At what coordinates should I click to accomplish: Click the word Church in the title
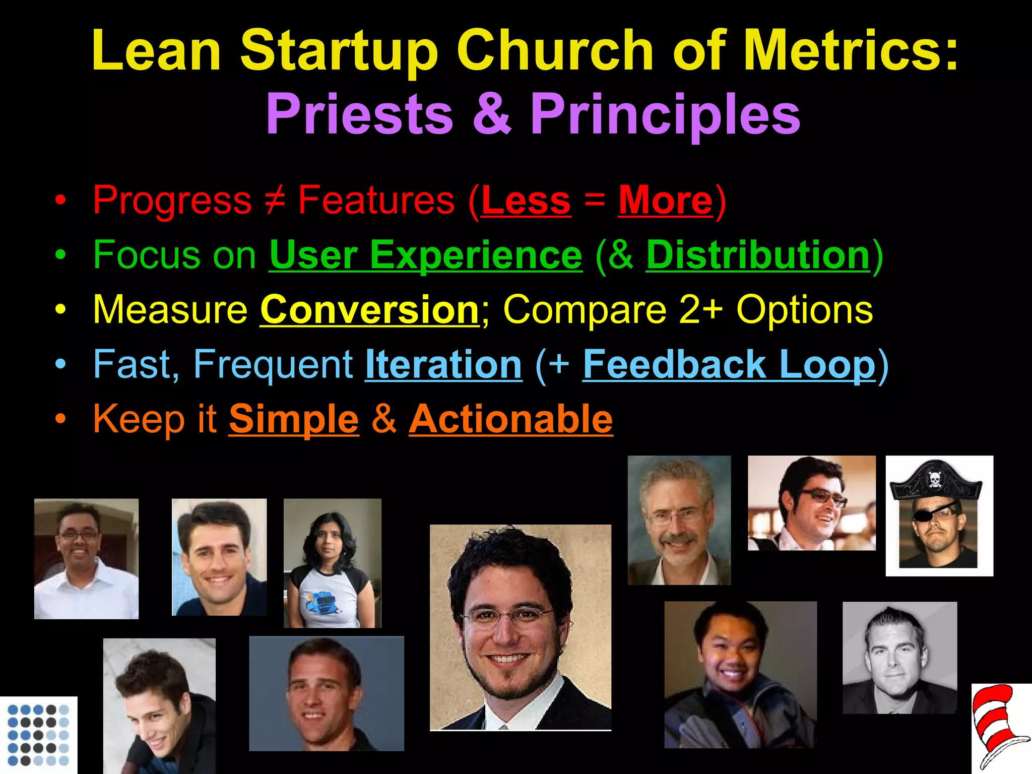coord(554,50)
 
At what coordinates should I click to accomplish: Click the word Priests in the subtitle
coord(359,114)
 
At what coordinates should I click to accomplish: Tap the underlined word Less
coord(526,201)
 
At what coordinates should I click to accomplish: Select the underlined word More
coord(666,201)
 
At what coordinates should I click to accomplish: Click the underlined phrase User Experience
coord(426,255)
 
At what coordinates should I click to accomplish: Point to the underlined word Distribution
coord(758,255)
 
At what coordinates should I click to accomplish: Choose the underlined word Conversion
coord(369,310)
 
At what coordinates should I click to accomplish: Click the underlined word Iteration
coord(443,364)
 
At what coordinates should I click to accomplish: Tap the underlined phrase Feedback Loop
coord(729,364)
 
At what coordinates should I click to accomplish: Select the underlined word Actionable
coord(511,419)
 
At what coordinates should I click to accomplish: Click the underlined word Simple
coord(294,419)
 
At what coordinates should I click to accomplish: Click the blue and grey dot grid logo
coord(38,735)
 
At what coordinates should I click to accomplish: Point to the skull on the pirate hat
coord(934,479)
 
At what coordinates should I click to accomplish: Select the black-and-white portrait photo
coord(899,658)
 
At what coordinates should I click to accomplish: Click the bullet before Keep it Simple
coord(60,419)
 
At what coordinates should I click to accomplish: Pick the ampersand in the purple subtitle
coord(491,114)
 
